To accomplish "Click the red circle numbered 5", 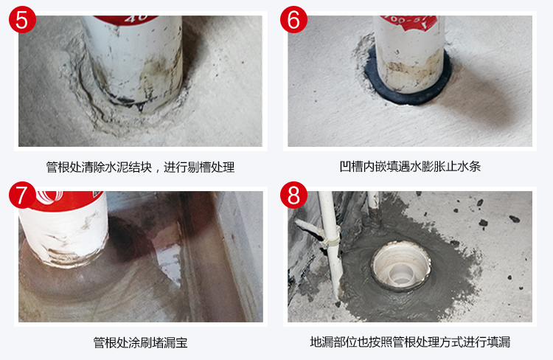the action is coord(22,20).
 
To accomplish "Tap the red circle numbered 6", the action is coord(293,20).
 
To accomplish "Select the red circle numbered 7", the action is coord(22,195).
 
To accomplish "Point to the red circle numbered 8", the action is coord(293,195).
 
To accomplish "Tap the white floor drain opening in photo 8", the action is coord(401,265).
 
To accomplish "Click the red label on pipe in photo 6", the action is coord(407,22).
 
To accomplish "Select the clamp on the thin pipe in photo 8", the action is coord(330,237).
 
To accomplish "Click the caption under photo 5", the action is coord(140,167).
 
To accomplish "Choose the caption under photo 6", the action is coord(410,166).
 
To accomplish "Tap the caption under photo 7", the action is coord(140,342).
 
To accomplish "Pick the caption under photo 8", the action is coord(410,342).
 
